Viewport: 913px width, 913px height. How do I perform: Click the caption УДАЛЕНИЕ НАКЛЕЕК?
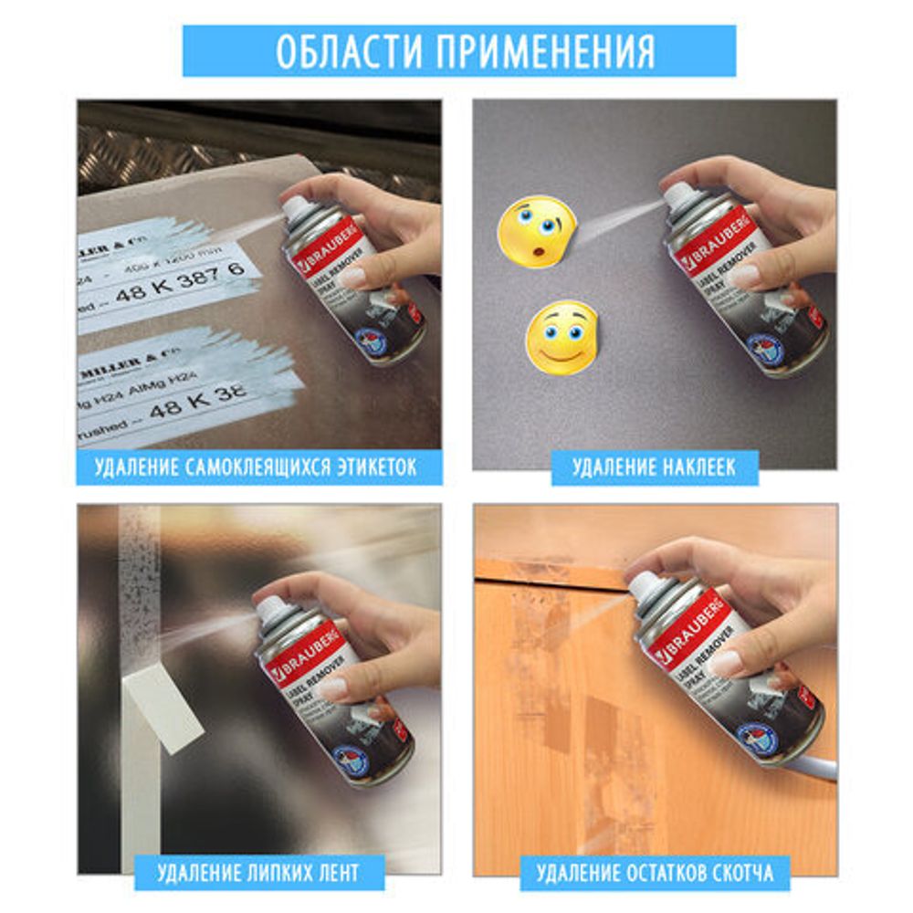point(654,468)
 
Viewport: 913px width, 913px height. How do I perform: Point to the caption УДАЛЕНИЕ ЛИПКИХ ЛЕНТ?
point(259,872)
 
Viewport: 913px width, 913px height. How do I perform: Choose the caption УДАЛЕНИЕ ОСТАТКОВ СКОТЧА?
point(654,872)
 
